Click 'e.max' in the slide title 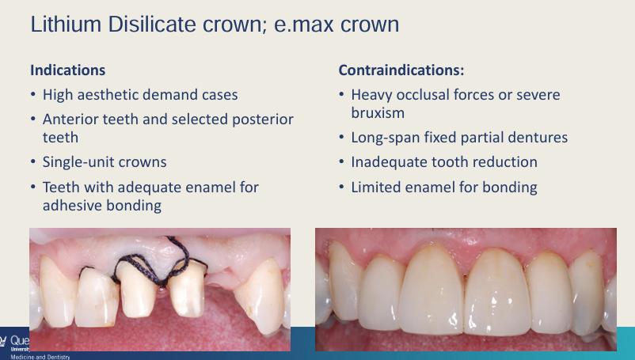tap(295, 25)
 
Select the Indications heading tap(67, 70)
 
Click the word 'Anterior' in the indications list tap(73, 119)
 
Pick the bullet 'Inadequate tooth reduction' tap(444, 162)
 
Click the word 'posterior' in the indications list tap(264, 119)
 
